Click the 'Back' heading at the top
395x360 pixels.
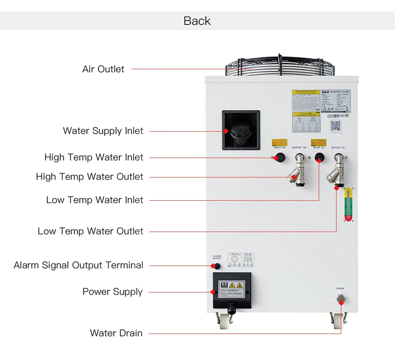(x=197, y=21)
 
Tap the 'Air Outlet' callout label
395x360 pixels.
(x=103, y=69)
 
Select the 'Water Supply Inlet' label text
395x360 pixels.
(x=103, y=131)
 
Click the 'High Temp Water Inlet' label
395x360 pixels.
(x=94, y=157)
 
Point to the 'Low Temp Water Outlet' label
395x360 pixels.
(x=90, y=231)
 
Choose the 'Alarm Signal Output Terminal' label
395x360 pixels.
(x=78, y=265)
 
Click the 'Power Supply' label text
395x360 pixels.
(x=112, y=292)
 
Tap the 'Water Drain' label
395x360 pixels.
(x=116, y=333)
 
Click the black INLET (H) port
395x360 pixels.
(x=280, y=157)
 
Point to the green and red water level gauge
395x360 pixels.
(x=348, y=204)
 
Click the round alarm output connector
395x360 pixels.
(x=217, y=266)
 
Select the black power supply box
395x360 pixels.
(x=232, y=290)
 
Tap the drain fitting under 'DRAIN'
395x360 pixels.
(x=340, y=302)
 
